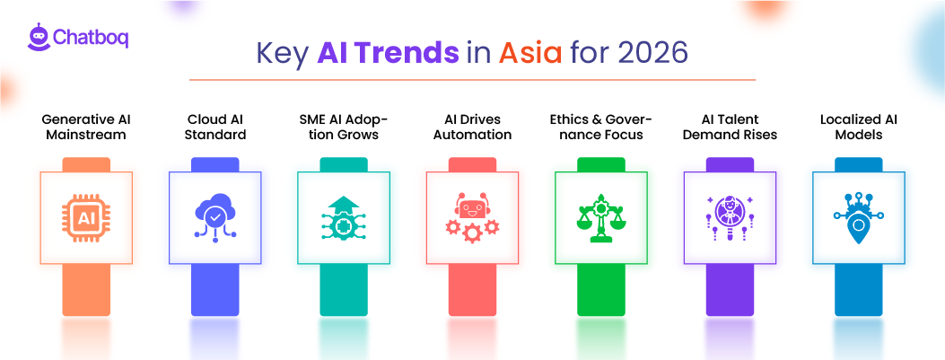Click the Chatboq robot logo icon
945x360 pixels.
point(37,38)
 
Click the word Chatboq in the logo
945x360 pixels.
point(91,39)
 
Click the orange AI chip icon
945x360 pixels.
point(86,218)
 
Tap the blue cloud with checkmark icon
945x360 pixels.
point(215,218)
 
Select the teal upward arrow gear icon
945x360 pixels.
point(344,218)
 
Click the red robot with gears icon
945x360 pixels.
point(472,218)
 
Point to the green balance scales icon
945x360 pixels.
point(601,218)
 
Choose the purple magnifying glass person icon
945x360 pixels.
point(730,218)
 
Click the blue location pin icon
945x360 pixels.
point(858,218)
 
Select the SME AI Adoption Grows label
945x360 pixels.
point(344,127)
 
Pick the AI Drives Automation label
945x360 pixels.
point(472,127)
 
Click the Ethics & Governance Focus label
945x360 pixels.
point(601,127)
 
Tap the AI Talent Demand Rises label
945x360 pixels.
point(730,127)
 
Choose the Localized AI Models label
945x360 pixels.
point(858,127)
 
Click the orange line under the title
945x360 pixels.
point(472,80)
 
